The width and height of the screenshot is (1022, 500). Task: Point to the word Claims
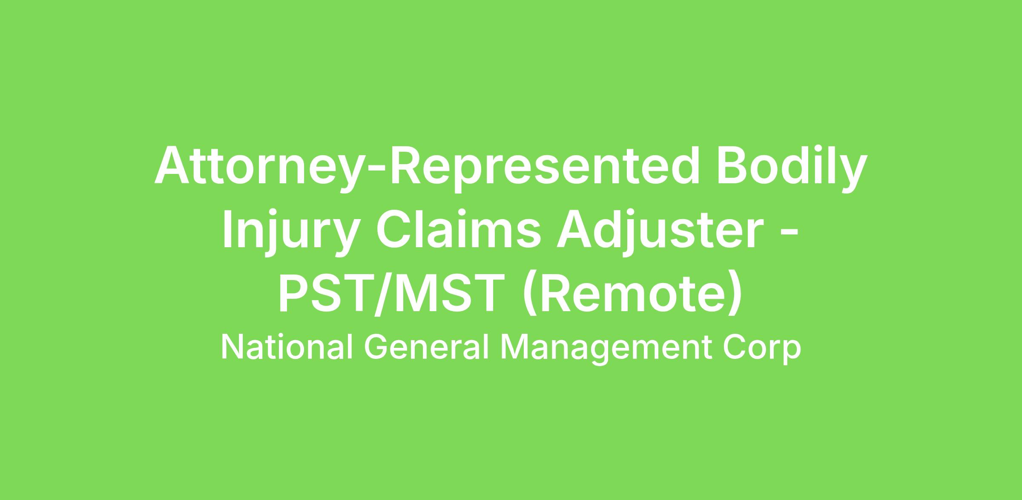click(459, 230)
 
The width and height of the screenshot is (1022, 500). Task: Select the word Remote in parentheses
click(632, 295)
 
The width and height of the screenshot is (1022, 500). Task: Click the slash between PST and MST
click(385, 295)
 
